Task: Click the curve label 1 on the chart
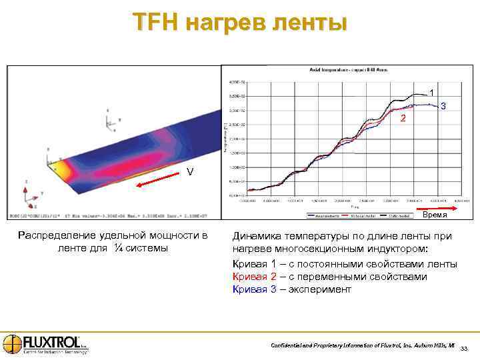(431, 92)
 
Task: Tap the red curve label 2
(402, 118)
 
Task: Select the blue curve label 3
(444, 107)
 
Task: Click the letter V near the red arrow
(190, 172)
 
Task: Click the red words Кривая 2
(253, 277)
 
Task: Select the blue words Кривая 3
(253, 289)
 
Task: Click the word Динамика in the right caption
(257, 236)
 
